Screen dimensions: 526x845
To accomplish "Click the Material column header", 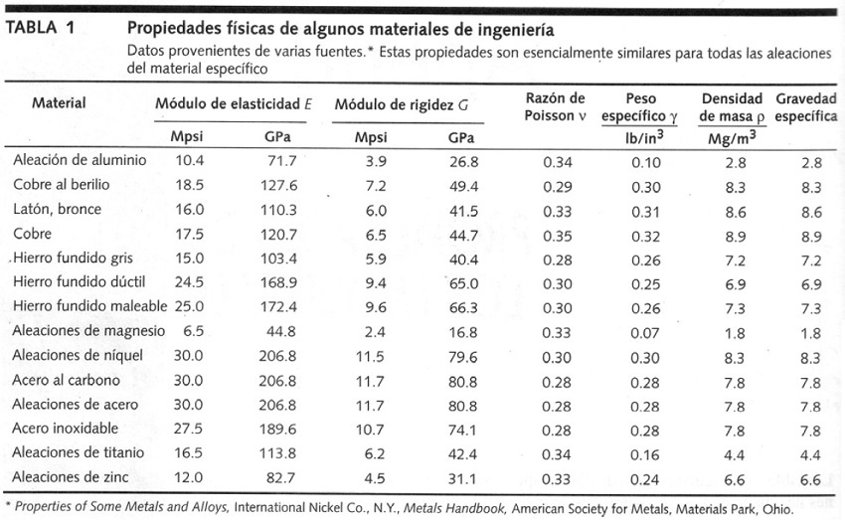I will click(59, 102).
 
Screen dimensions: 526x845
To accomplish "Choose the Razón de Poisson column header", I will click(556, 107).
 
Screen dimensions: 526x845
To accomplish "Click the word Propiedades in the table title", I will click(172, 29).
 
